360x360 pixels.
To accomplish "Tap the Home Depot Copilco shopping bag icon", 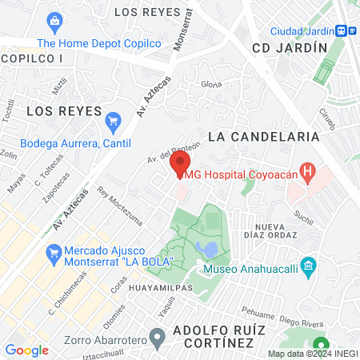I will click(54, 21).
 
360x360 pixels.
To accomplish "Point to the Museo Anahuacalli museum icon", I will click(308, 265).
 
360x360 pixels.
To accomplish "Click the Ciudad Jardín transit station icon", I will click(342, 30).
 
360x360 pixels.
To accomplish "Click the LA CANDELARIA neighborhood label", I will click(263, 137).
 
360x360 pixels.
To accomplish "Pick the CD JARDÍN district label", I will click(290, 47).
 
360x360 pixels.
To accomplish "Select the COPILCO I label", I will click(32, 59).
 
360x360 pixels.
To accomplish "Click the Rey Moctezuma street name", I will click(119, 206).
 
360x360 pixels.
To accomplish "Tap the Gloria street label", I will click(211, 84).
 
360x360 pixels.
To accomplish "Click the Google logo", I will click(26, 350).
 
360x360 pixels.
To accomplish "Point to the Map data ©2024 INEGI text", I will click(312, 354).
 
